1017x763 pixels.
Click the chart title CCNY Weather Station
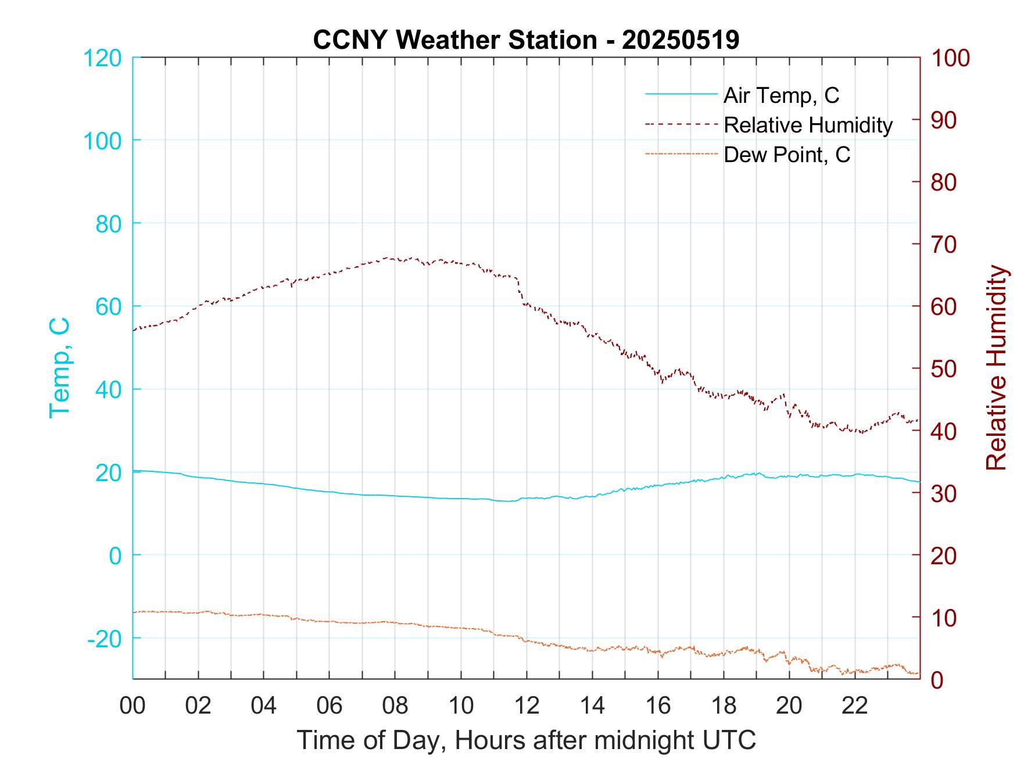tap(526, 40)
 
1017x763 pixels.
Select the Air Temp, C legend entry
tap(781, 95)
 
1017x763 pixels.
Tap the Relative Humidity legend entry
tap(808, 125)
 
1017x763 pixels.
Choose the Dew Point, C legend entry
tap(787, 155)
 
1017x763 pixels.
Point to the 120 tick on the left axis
tap(102, 58)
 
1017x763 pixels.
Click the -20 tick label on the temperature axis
tap(105, 638)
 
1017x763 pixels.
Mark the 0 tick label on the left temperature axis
tap(116, 555)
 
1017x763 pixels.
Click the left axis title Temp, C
tap(59, 367)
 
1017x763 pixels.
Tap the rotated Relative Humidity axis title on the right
tap(996, 367)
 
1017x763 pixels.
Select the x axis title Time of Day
tap(526, 740)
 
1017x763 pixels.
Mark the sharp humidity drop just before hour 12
tap(519, 291)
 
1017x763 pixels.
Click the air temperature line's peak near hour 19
tap(756, 473)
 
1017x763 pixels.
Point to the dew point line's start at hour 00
tap(134, 612)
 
